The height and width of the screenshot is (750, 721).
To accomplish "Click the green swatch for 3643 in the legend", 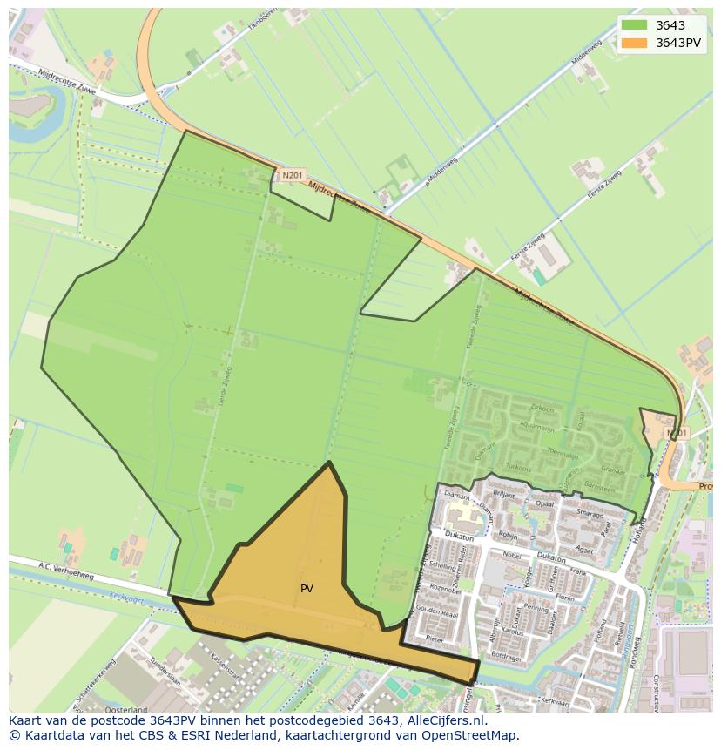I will click(x=634, y=25).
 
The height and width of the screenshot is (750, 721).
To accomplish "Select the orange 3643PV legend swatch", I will click(x=634, y=43).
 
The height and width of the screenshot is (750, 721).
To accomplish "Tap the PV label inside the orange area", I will click(x=307, y=589).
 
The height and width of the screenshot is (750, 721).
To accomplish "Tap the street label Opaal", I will click(x=545, y=504).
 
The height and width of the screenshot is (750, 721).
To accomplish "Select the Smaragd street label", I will click(x=590, y=515).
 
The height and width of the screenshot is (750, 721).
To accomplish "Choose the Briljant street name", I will click(x=504, y=493).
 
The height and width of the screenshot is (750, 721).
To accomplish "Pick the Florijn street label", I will click(x=566, y=598).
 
